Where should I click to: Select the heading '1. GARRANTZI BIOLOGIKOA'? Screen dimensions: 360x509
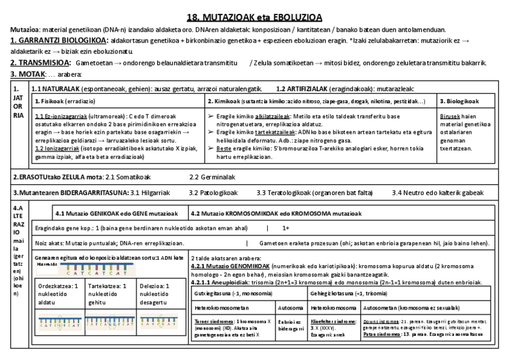point(59,40)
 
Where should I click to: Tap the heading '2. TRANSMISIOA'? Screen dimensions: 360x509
point(41,63)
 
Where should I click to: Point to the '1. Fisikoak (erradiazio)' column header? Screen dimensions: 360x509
point(65,101)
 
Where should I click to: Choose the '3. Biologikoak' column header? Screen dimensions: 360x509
point(459,101)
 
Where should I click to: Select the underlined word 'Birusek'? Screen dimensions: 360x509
point(450,116)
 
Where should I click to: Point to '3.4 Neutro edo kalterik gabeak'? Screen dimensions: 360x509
point(438,193)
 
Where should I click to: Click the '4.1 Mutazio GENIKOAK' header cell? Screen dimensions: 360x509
point(116,213)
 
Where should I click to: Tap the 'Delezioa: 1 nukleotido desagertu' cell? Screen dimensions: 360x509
point(157,295)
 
